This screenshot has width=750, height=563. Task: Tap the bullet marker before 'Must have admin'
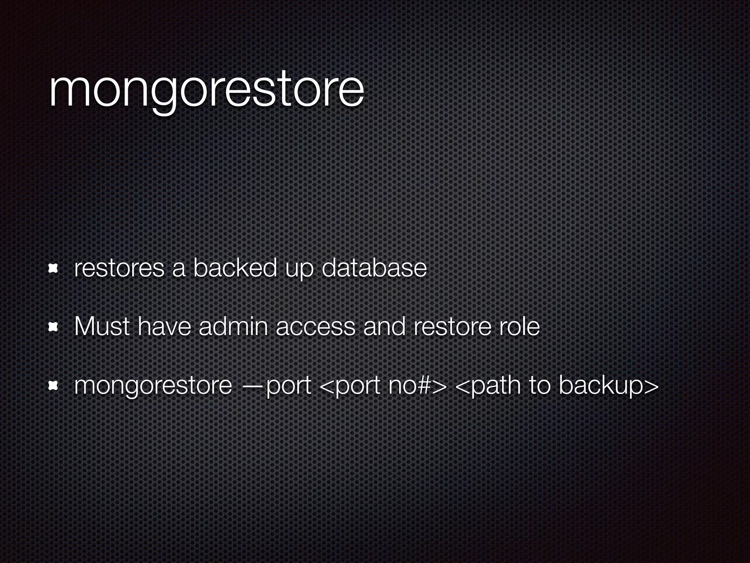coord(53,327)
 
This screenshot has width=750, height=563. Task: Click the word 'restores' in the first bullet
coord(119,269)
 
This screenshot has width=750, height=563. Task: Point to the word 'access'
coord(315,327)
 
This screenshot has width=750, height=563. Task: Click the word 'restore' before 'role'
coord(452,327)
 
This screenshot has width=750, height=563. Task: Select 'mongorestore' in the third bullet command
coord(153,386)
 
